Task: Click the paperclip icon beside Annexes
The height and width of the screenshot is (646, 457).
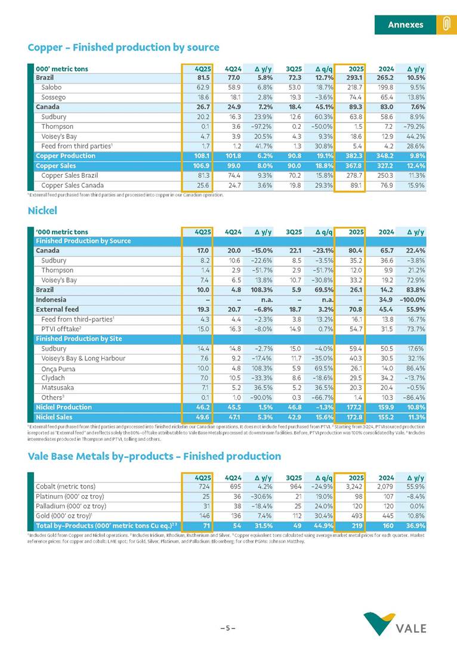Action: pos(444,24)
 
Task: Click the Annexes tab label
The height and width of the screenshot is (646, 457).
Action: pos(405,24)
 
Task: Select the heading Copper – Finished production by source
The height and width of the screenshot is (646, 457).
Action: pos(123,47)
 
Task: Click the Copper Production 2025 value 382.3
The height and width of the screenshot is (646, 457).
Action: pos(354,156)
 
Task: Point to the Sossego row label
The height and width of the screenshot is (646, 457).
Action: pos(53,97)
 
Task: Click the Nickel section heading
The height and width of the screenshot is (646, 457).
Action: pos(43,211)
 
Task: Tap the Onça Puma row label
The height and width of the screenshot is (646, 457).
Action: pos(57,368)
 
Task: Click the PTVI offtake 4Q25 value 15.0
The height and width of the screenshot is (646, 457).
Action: pos(202,329)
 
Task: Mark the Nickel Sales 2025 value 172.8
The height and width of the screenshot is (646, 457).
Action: pos(354,417)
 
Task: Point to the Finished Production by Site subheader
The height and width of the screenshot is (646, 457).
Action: pos(79,339)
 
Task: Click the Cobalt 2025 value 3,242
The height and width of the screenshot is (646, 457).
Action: pos(354,487)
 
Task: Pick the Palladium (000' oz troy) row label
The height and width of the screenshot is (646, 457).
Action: pos(71,506)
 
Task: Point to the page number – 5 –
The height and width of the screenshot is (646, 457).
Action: pos(228,628)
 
